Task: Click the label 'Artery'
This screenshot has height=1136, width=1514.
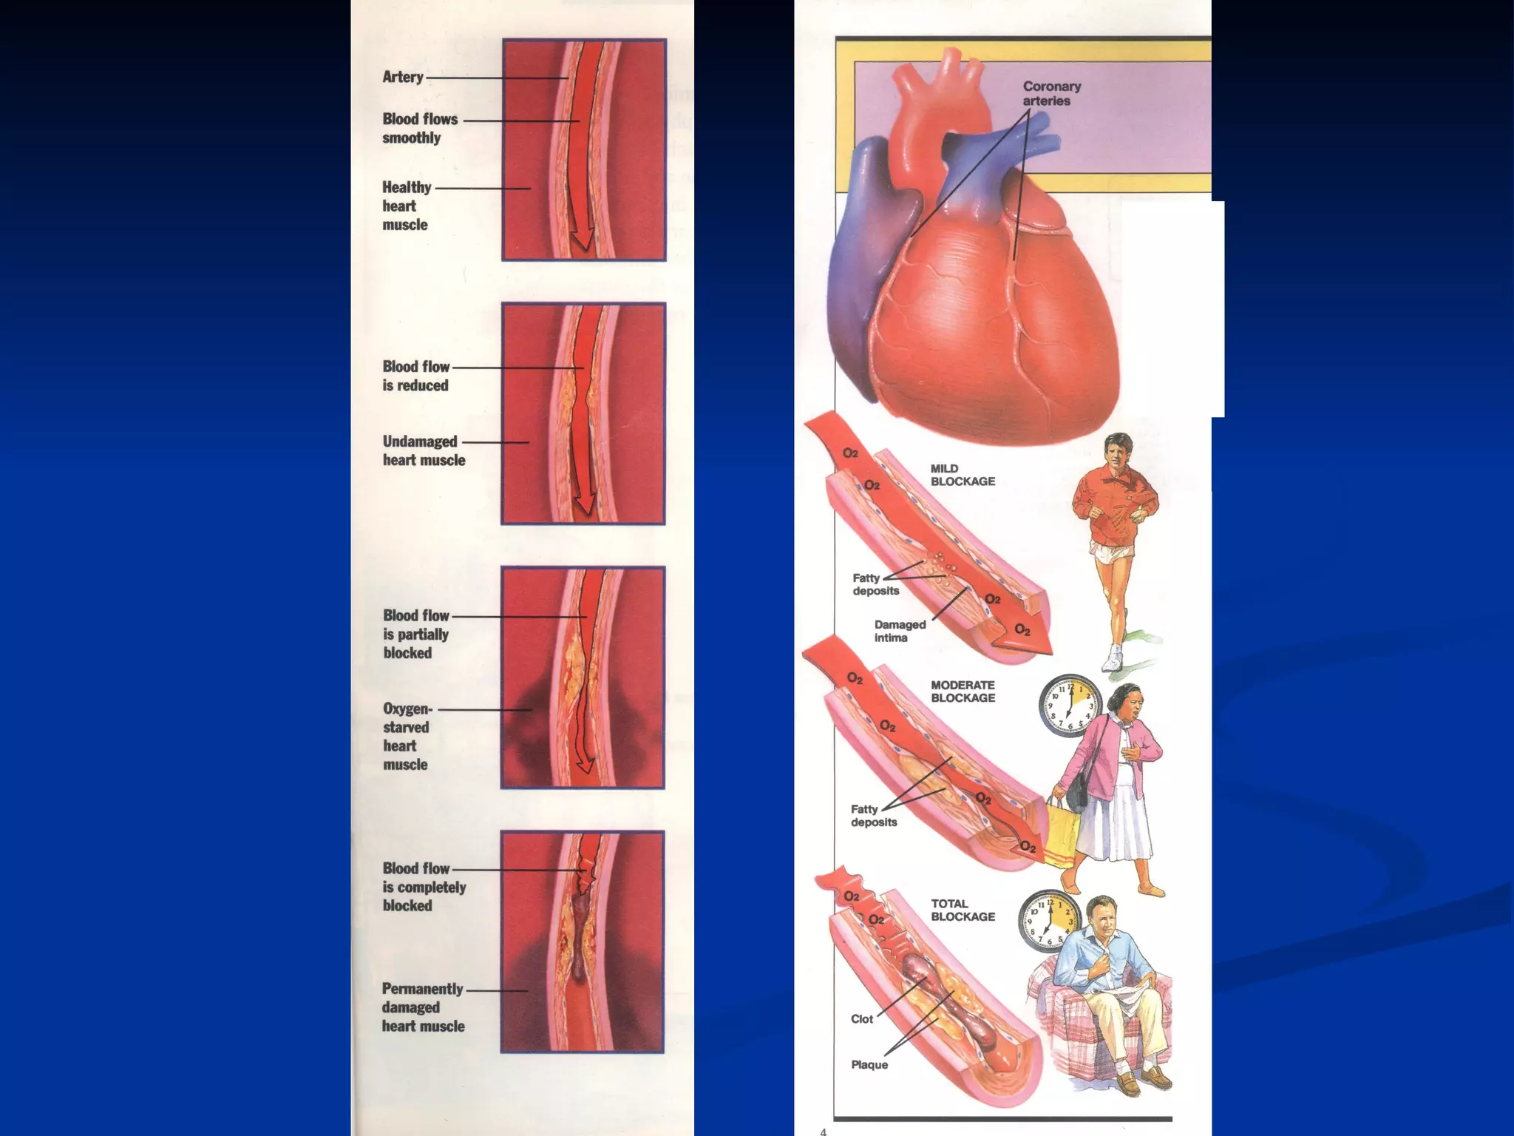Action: pyautogui.click(x=403, y=77)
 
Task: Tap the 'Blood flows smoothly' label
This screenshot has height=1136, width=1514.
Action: pyautogui.click(x=419, y=129)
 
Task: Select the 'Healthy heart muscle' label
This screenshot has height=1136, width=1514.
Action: pyautogui.click(x=406, y=206)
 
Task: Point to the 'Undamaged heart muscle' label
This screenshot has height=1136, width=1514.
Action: pyautogui.click(x=423, y=451)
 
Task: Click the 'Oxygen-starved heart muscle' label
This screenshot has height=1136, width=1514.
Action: pyautogui.click(x=406, y=737)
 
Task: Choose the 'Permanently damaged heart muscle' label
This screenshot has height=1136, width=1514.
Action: pyautogui.click(x=423, y=1007)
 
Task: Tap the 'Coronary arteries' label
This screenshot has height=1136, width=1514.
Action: pyautogui.click(x=1051, y=94)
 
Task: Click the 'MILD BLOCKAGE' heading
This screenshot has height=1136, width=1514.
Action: pyautogui.click(x=962, y=475)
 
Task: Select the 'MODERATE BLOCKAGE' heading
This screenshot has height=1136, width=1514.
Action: pyautogui.click(x=963, y=692)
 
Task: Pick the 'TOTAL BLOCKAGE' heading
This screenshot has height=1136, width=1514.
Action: pyautogui.click(x=963, y=910)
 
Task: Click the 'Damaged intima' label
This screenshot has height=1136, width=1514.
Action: pyautogui.click(x=900, y=631)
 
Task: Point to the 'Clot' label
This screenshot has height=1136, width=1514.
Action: pyautogui.click(x=862, y=1019)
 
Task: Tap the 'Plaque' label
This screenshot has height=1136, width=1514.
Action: pyautogui.click(x=869, y=1065)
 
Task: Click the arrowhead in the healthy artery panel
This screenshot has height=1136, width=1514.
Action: pyautogui.click(x=583, y=240)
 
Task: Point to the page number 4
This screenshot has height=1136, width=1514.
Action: pyautogui.click(x=824, y=1131)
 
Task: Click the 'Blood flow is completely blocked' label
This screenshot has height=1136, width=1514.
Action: pyautogui.click(x=424, y=887)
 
